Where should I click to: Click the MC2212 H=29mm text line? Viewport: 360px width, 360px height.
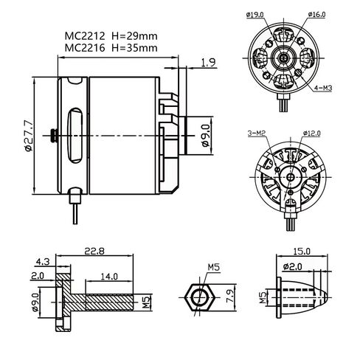point(111,36)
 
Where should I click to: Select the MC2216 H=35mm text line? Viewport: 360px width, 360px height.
point(111,48)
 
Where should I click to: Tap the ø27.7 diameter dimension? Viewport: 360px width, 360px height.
point(29,136)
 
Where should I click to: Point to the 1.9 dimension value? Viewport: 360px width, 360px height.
point(208,63)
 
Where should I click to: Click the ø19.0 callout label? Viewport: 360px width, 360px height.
point(255,15)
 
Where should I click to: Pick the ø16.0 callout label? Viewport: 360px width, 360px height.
point(316,15)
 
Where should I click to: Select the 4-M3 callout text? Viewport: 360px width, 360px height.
point(323,88)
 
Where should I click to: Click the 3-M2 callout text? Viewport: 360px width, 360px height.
point(257,134)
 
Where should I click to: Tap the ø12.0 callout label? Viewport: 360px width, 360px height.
point(312,134)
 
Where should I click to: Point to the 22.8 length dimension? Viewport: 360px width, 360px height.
point(94,251)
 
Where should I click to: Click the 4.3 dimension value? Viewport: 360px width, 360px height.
point(43,262)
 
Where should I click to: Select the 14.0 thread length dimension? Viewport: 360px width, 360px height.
point(109,277)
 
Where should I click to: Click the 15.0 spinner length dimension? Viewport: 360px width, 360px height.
point(302,252)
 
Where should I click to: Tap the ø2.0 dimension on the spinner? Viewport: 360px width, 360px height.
point(293,266)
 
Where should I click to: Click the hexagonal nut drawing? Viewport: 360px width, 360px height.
point(199,298)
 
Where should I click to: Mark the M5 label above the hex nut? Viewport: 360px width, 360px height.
point(214,267)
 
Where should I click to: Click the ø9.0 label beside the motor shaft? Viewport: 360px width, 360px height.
point(206,136)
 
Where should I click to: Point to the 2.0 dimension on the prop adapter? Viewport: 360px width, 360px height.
point(38,276)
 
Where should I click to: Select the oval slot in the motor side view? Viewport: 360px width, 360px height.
point(75,136)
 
